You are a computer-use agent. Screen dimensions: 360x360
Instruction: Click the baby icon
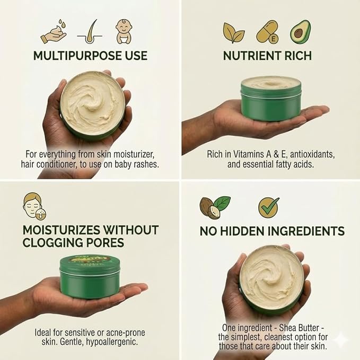124,31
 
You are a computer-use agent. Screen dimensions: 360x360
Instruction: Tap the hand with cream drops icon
53,32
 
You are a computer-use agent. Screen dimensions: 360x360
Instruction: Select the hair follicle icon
90,31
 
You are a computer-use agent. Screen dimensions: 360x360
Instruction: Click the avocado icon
300,32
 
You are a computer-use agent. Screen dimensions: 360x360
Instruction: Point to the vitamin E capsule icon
268,32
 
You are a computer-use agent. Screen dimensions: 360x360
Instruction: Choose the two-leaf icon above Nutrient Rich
233,32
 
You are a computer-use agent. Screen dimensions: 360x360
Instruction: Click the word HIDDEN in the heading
242,231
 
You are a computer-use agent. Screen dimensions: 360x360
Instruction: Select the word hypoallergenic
112,342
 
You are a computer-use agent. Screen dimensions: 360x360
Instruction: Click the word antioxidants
312,154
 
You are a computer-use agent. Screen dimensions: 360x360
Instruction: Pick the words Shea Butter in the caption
299,328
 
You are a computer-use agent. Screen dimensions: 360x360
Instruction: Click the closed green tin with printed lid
90,276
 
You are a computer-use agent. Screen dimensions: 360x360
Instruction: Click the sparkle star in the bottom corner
341,340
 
